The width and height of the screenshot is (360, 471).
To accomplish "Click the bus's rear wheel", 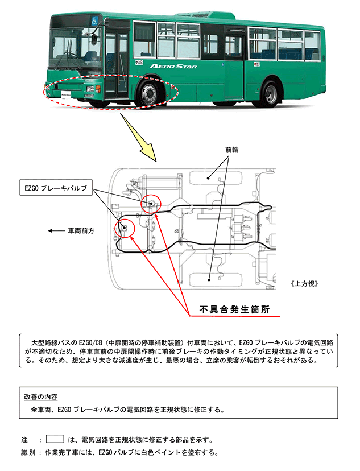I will point(272,93).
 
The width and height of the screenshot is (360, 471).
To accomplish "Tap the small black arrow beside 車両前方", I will point(55,232).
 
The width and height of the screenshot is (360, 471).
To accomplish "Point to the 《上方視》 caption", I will point(304,283).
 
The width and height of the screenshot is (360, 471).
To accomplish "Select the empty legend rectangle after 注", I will point(55,439).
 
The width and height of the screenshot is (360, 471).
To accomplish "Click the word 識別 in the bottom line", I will point(28,453).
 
